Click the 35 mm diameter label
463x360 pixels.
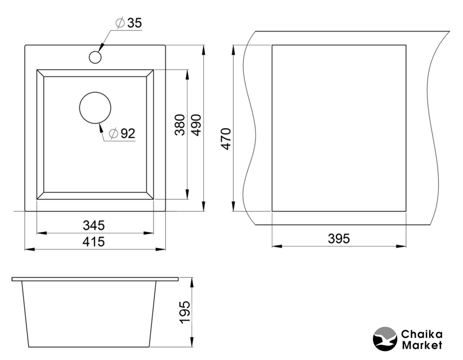coord(129,22)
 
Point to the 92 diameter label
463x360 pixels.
coord(122,133)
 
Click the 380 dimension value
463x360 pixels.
coord(180,125)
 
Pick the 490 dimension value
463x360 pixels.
coord(196,125)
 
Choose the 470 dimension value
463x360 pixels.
coord(226,139)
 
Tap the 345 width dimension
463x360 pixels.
coord(93,226)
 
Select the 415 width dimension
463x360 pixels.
coord(93,242)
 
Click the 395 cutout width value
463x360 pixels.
coord(339,238)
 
